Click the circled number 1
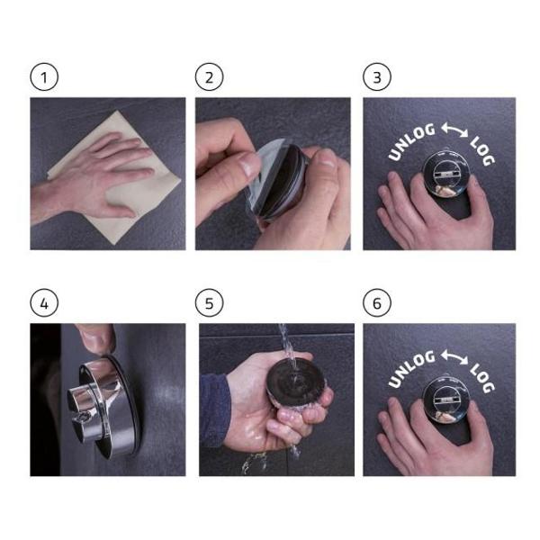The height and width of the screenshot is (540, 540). (x=44, y=77)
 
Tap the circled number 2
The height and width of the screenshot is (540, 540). (x=209, y=77)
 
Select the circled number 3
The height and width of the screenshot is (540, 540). (x=377, y=77)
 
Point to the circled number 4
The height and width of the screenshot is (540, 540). (x=44, y=303)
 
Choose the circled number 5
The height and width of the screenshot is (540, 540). (x=209, y=303)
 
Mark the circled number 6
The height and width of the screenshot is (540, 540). (x=377, y=303)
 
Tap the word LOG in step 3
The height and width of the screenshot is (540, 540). (x=482, y=150)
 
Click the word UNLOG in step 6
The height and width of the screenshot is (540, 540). (x=410, y=368)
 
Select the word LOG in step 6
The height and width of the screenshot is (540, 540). (x=482, y=377)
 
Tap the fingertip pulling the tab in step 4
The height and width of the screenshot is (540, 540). (x=100, y=341)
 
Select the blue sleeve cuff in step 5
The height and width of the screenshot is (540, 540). (x=214, y=409)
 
